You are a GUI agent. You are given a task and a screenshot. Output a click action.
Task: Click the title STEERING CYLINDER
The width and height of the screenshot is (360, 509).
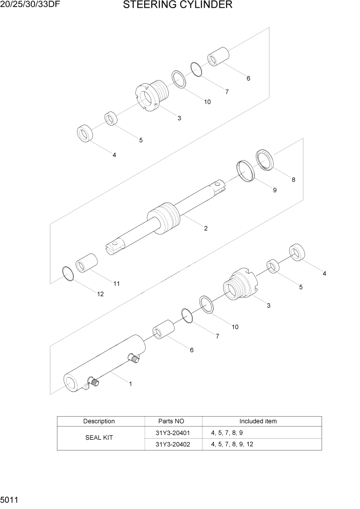(x=178, y=6)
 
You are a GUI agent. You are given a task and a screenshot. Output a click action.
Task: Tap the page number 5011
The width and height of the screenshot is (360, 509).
(x=10, y=498)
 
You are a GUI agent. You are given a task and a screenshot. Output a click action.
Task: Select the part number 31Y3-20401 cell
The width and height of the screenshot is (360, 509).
(x=173, y=433)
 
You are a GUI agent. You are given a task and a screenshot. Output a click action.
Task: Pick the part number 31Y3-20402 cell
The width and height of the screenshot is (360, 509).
(x=173, y=444)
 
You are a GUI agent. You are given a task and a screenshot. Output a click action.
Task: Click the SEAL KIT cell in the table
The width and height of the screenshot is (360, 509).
(x=99, y=439)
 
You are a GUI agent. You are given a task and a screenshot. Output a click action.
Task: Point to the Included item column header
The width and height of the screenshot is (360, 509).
(x=258, y=421)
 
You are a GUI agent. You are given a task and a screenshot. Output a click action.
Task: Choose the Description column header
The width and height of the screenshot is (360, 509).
(x=99, y=421)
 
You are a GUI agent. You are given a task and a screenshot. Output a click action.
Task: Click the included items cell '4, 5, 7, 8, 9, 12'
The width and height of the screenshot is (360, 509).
(x=232, y=444)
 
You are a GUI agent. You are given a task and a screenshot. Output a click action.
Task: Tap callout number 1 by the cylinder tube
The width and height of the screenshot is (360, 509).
(x=130, y=383)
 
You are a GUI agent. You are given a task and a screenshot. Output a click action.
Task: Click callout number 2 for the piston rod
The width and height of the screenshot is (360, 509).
(x=206, y=228)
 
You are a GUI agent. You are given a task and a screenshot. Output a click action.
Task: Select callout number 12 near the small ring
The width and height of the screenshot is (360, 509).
(x=100, y=294)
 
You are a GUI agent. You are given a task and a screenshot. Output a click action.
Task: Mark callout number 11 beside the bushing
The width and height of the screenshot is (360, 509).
(x=116, y=283)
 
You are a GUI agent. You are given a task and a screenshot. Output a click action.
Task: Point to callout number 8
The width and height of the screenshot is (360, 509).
(x=293, y=180)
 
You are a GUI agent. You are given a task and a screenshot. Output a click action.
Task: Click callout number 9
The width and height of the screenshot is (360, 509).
(x=274, y=190)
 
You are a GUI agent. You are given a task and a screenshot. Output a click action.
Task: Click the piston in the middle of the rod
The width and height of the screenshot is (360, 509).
(x=164, y=218)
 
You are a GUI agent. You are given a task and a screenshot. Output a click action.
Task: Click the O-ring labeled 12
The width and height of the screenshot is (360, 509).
(x=67, y=274)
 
